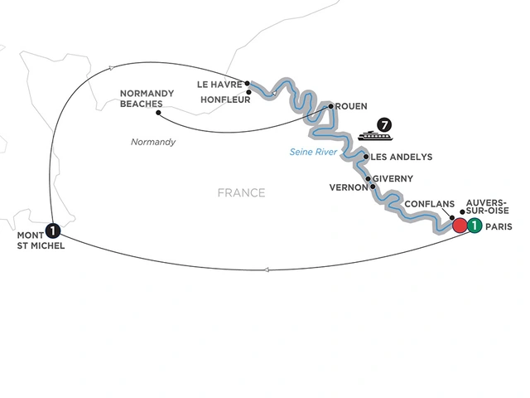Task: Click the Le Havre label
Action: [x=219, y=84]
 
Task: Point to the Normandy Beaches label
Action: [x=147, y=99]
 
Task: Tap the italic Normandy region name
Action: [x=153, y=143]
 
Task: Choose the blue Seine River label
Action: [x=313, y=152]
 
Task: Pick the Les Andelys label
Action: [x=402, y=157]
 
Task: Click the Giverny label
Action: [x=394, y=178]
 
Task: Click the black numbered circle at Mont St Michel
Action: [x=53, y=231]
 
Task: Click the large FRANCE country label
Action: [x=241, y=193]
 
